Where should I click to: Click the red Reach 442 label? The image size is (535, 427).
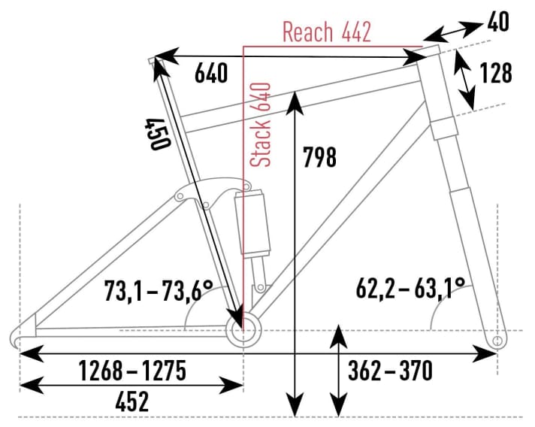pos(327,32)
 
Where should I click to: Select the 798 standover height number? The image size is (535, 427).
pos(319,158)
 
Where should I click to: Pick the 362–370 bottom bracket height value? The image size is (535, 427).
pos(390,371)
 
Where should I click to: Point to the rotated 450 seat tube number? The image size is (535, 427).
pos(157,135)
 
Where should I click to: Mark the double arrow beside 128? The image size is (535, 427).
pos(467,83)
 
